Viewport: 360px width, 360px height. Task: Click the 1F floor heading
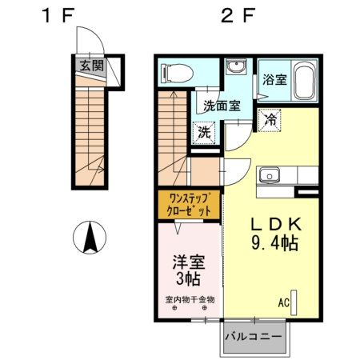pyautogui.click(x=58, y=15)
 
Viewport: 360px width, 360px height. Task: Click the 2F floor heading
pyautogui.click(x=238, y=15)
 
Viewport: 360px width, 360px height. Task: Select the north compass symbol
pyautogui.click(x=90, y=237)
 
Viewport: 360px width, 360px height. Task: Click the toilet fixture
pyautogui.click(x=177, y=72)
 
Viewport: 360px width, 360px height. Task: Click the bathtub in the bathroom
pyautogui.click(x=304, y=81)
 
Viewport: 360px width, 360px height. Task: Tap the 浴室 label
pyautogui.click(x=274, y=79)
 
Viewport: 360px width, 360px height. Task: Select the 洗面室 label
pyautogui.click(x=222, y=106)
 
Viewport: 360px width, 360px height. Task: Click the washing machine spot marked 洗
pyautogui.click(x=204, y=132)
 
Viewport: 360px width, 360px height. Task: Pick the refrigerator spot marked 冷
pyautogui.click(x=270, y=120)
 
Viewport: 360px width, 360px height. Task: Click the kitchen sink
pyautogui.click(x=270, y=175)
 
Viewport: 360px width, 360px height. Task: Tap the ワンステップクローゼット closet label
pyautogui.click(x=189, y=205)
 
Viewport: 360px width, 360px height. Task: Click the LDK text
pyautogui.click(x=275, y=225)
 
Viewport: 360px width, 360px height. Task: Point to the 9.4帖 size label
pyautogui.click(x=274, y=242)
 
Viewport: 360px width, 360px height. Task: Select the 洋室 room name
pyautogui.click(x=189, y=262)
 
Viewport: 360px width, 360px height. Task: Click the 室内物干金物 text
pyautogui.click(x=190, y=300)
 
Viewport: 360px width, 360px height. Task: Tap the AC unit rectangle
pyautogui.click(x=294, y=302)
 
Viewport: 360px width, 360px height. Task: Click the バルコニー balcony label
pyautogui.click(x=254, y=337)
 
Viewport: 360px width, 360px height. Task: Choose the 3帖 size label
pyautogui.click(x=188, y=279)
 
